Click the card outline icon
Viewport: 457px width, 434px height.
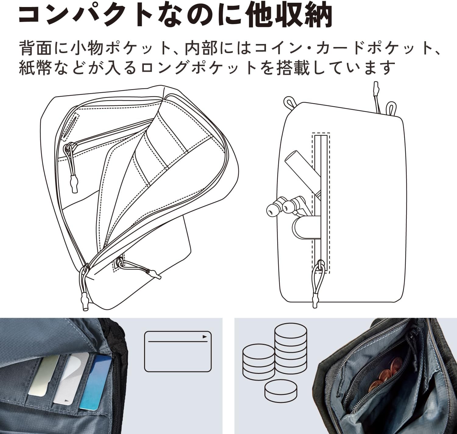[x=178, y=351]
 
